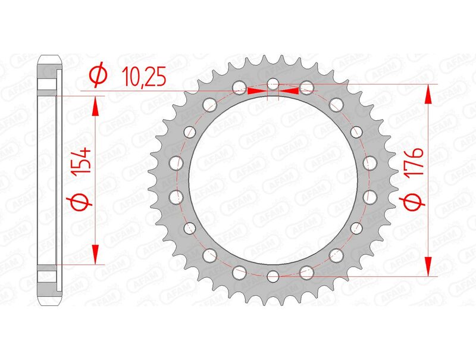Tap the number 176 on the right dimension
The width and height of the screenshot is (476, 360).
[415, 163]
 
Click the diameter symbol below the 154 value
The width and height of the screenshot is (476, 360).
[83, 203]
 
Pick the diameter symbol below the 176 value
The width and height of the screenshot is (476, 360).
[415, 203]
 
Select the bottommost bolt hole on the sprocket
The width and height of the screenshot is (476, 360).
[273, 276]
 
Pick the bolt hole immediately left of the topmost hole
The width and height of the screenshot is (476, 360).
[239, 88]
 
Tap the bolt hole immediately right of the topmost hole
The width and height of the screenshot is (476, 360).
[306, 88]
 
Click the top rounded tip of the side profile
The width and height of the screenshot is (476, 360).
[50, 58]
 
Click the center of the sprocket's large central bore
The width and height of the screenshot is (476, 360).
[273, 180]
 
